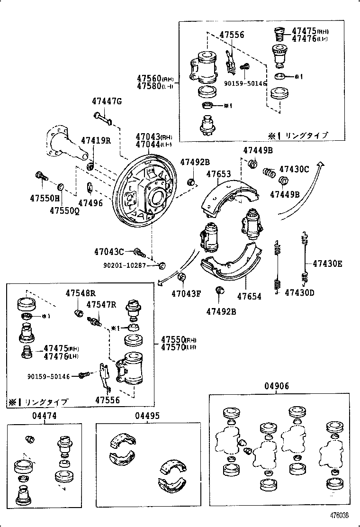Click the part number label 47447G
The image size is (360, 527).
point(107,101)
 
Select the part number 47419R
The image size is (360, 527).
point(96,140)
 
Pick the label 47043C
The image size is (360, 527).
point(108,251)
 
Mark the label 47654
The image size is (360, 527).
point(249,297)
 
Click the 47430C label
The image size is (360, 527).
point(294,169)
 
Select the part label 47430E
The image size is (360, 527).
point(327,264)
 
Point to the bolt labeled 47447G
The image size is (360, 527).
point(102,117)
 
